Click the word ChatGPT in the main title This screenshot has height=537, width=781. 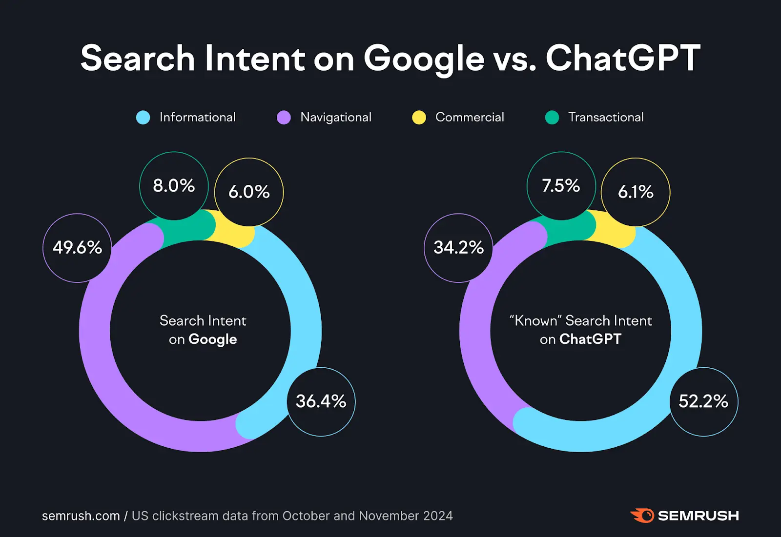tap(623, 59)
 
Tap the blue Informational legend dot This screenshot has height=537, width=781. tap(143, 118)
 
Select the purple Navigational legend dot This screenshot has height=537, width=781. tap(284, 118)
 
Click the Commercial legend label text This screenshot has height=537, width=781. tap(470, 118)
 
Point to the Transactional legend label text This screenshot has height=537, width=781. tap(606, 118)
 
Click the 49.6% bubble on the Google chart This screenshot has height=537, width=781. tap(77, 248)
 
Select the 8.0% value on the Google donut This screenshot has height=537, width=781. tap(174, 186)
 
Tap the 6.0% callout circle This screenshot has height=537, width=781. tap(249, 192)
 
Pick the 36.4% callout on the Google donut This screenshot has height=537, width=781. tap(321, 401)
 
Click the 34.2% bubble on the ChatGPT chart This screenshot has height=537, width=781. tap(458, 248)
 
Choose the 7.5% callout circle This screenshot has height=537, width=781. tap(561, 186)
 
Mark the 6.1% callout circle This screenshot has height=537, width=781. tap(636, 192)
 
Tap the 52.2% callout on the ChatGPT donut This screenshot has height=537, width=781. tap(703, 401)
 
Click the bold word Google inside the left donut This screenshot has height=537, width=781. tap(213, 339)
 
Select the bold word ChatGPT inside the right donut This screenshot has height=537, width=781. tap(590, 339)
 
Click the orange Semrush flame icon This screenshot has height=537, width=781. tap(642, 516)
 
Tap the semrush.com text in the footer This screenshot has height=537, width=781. tap(81, 516)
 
